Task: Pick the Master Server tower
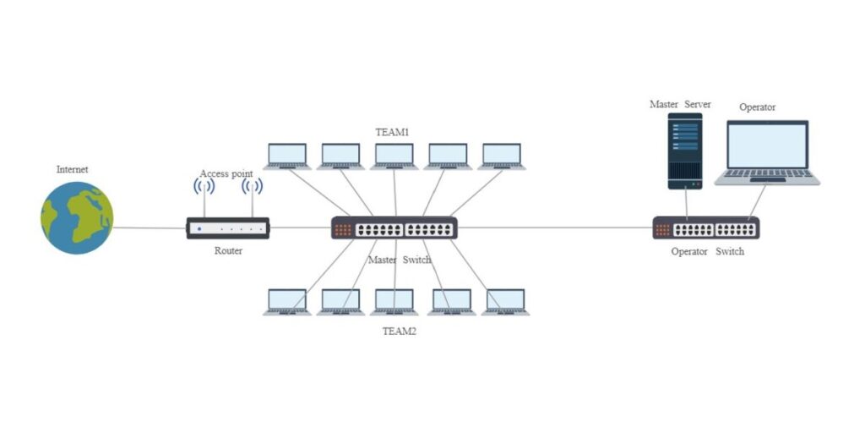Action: pyautogui.click(x=685, y=151)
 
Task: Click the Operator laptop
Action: pyautogui.click(x=767, y=152)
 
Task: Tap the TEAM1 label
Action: pyautogui.click(x=392, y=133)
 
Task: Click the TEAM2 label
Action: pyautogui.click(x=400, y=332)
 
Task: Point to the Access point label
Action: pyautogui.click(x=226, y=173)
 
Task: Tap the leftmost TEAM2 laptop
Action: pyautogui.click(x=287, y=302)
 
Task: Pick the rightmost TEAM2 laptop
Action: pyautogui.click(x=505, y=302)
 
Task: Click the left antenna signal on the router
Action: pyautogui.click(x=204, y=187)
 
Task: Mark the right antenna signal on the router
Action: pyautogui.click(x=252, y=187)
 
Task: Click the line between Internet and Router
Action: pyautogui.click(x=150, y=227)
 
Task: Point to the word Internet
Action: pyautogui.click(x=72, y=169)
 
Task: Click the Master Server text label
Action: pyautogui.click(x=679, y=104)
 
